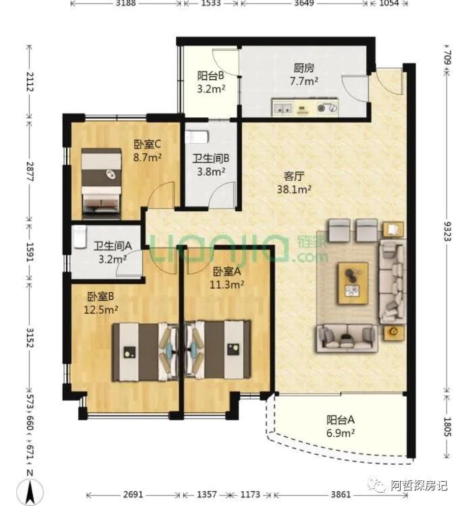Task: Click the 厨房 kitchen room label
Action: pos(304,67)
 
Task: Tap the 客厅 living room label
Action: pos(294,176)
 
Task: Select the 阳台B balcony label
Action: pos(210,76)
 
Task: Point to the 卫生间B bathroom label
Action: pos(211,159)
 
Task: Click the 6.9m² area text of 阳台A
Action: pos(341,432)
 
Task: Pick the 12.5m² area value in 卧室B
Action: pos(101,310)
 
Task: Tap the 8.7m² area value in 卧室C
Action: pos(148,157)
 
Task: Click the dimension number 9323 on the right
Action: pos(448,231)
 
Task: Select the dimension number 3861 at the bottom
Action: pos(341,495)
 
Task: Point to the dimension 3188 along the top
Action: pos(126,3)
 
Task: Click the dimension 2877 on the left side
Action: pos(30,171)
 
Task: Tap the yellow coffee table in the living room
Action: pos(353,283)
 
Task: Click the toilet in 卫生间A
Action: pos(80,237)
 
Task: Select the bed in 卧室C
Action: pos(101,184)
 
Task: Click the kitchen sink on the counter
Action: pos(283,108)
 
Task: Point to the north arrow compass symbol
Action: pos(30,492)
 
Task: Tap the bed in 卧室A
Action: pos(218,349)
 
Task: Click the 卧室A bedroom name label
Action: pos(227,271)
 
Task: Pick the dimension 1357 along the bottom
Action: pos(207,495)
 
